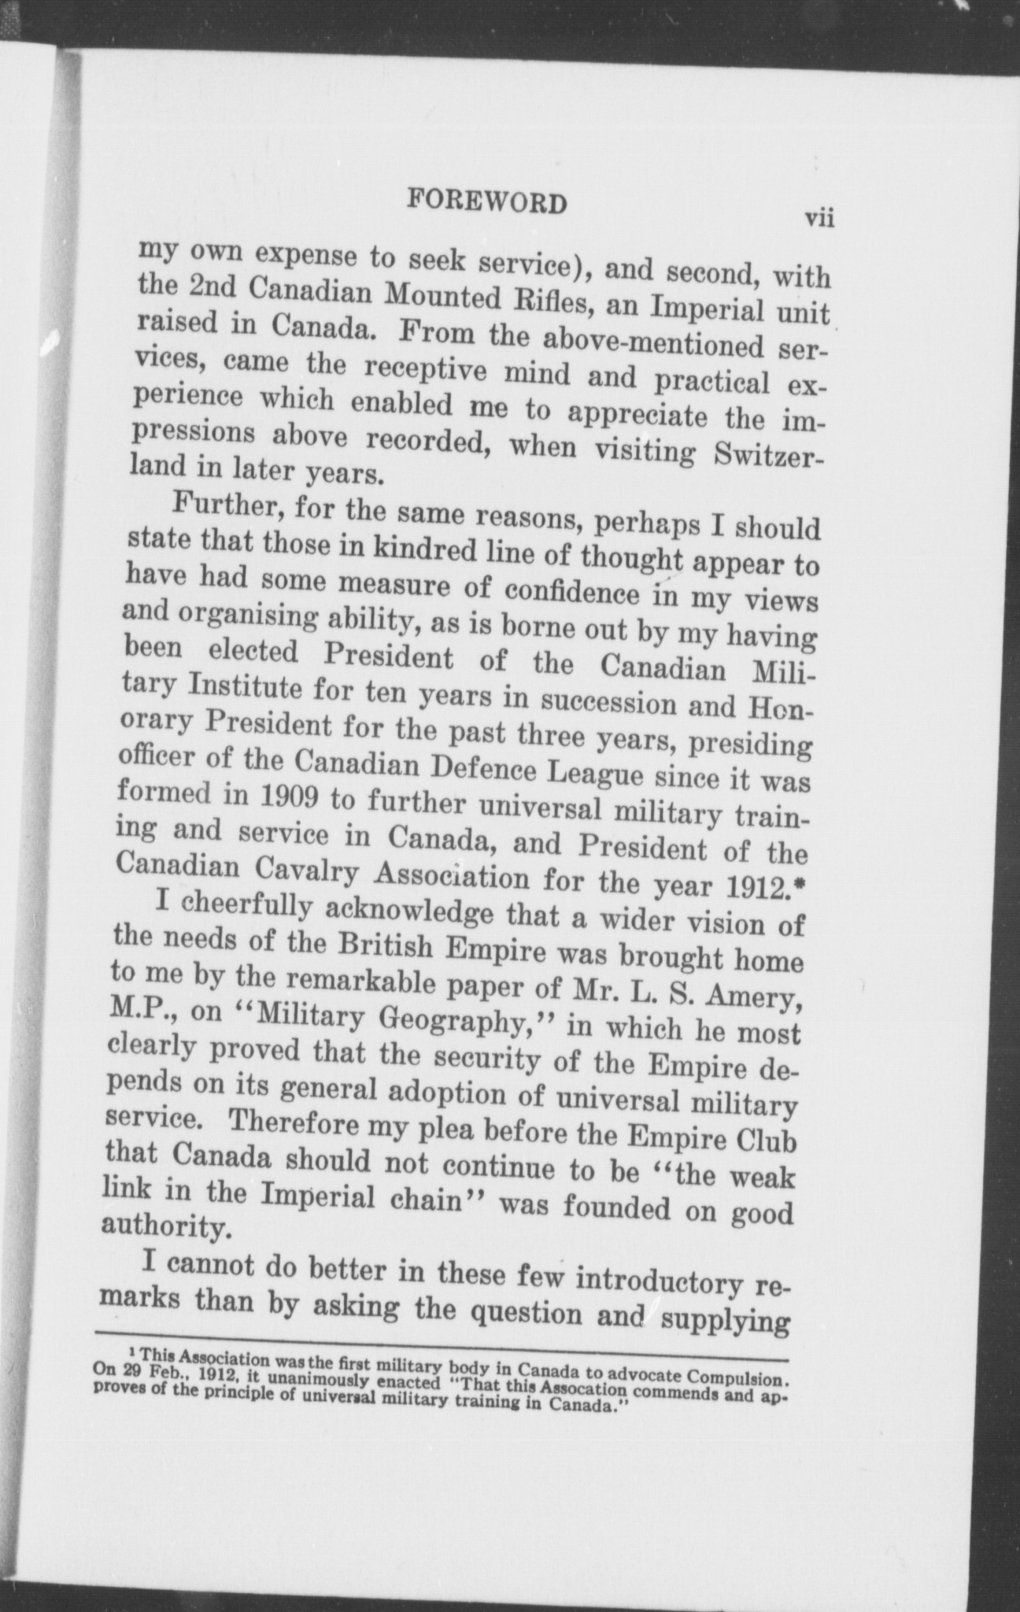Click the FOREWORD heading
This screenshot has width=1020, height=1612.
point(486,203)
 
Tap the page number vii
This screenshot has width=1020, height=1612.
point(818,217)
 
